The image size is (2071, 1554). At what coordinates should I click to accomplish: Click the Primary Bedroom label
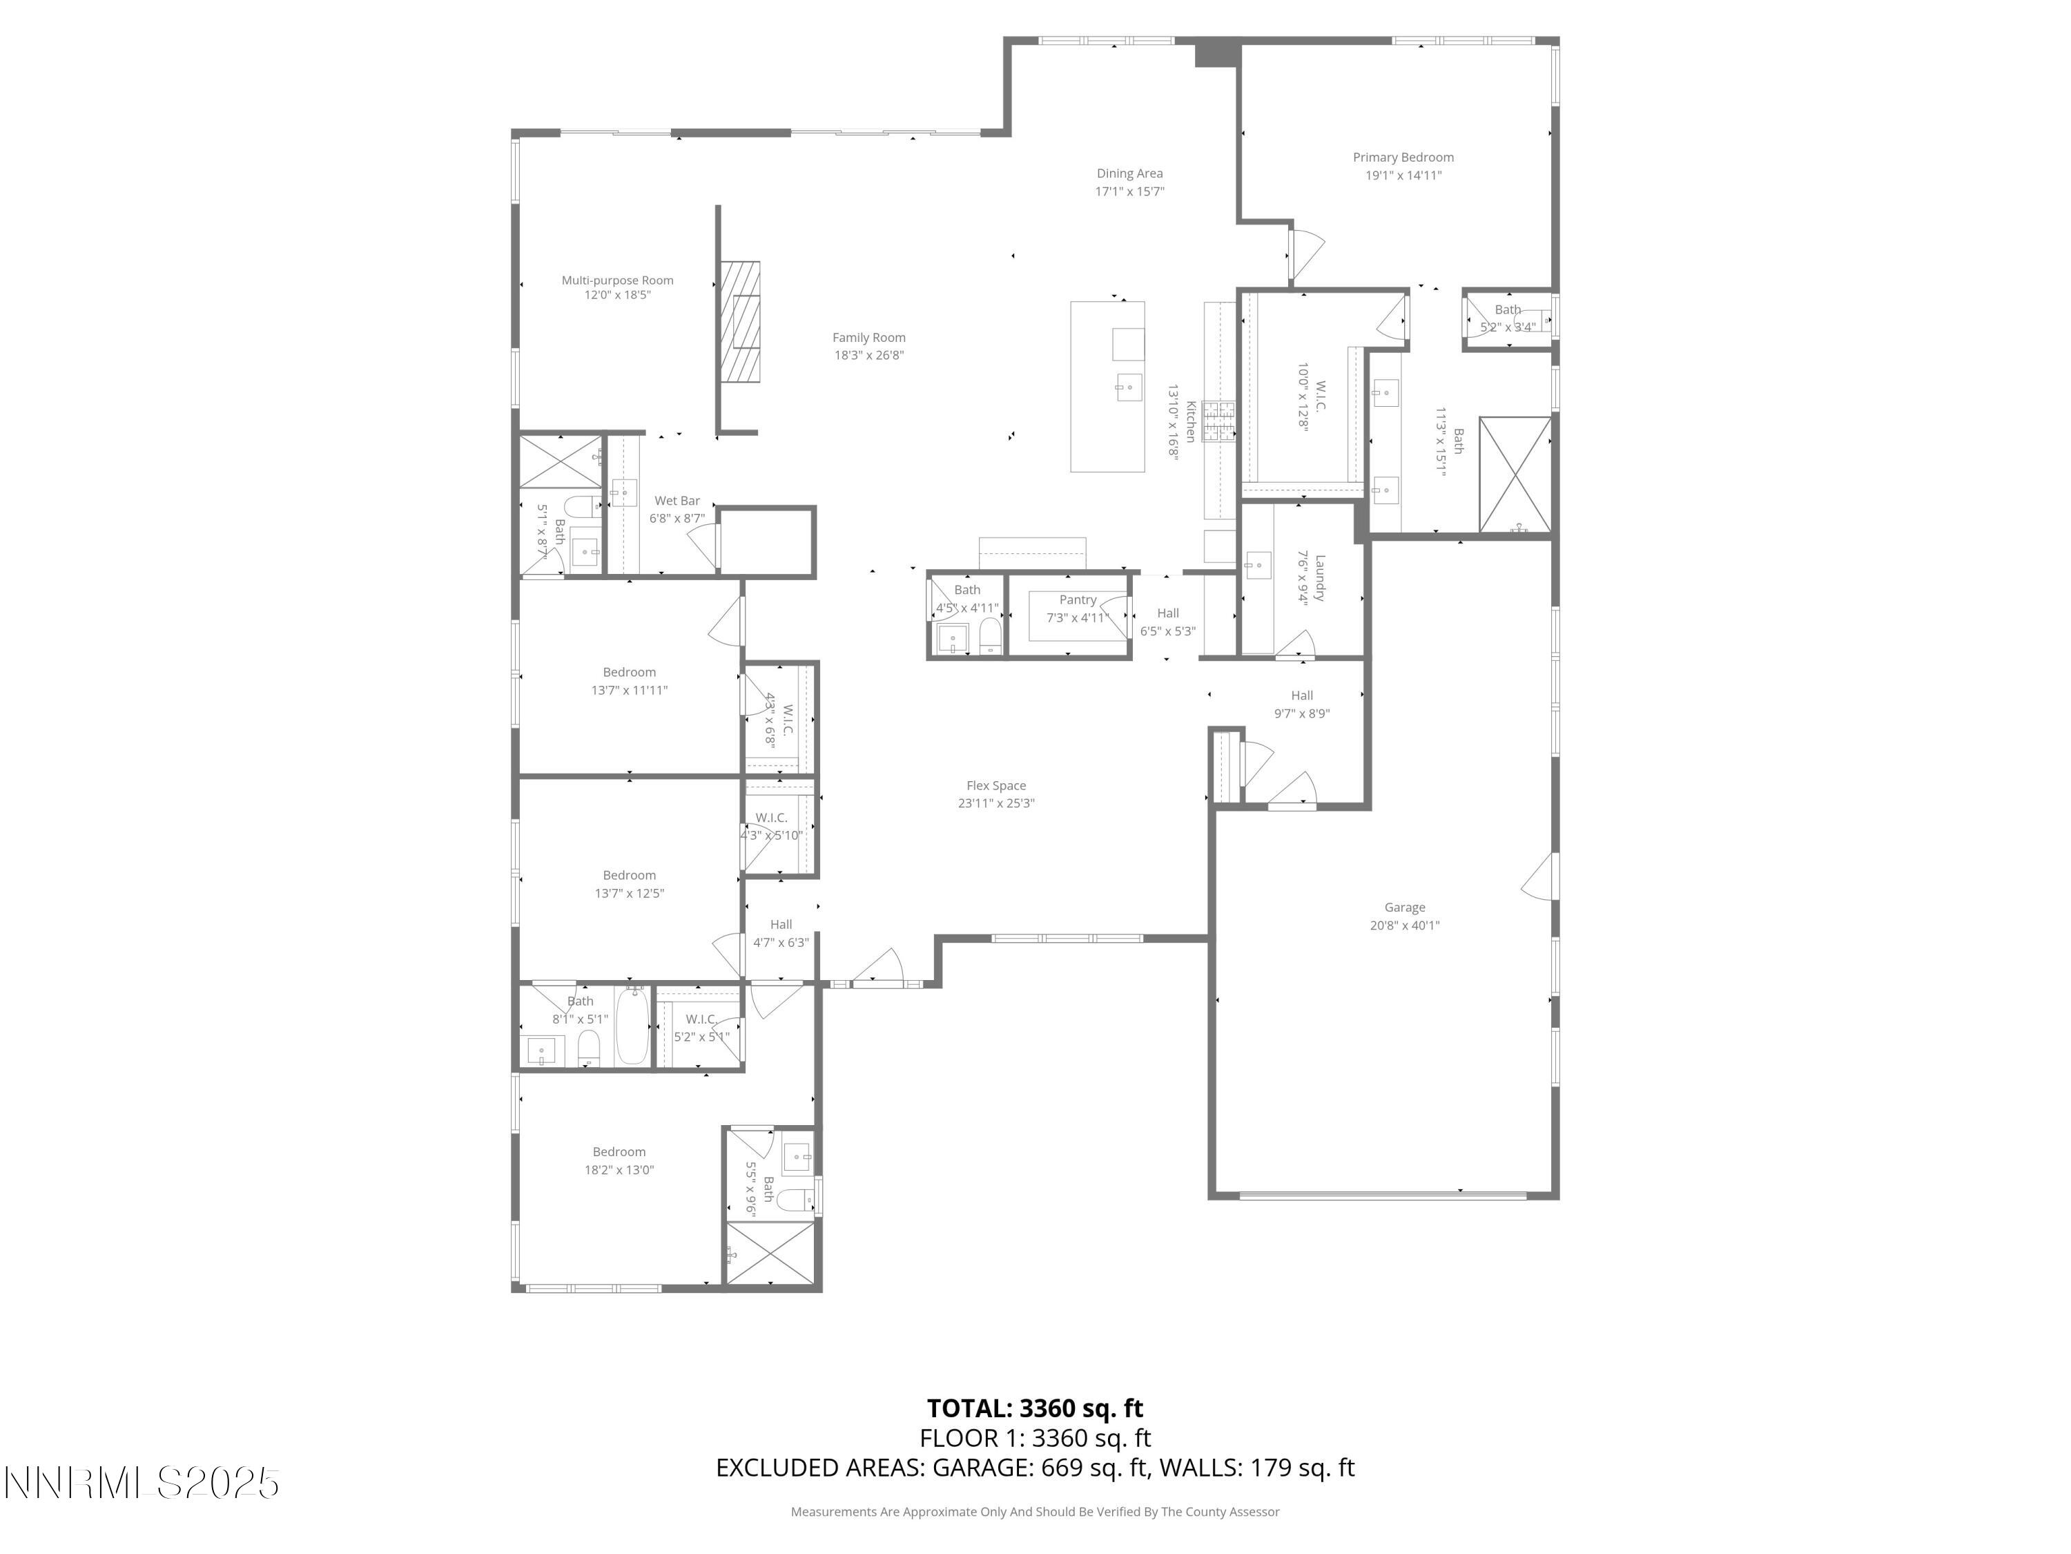pos(1403,157)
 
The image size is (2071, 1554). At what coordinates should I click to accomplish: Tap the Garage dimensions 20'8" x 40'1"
pos(1404,925)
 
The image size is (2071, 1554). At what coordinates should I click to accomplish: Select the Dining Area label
pos(1129,173)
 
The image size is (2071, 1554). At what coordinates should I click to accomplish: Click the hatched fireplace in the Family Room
pos(739,321)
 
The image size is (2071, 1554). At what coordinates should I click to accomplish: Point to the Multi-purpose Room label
pos(617,280)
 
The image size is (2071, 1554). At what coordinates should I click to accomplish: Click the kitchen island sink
pos(1128,387)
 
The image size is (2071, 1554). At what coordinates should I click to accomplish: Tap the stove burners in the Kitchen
pos(1219,421)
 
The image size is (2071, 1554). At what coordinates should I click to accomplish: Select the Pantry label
pos(1078,599)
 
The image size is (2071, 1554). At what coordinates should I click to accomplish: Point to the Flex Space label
pos(996,786)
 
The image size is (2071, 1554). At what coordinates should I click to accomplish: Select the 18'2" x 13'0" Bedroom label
pos(619,1152)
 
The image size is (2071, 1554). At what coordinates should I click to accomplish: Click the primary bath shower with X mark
pos(1514,475)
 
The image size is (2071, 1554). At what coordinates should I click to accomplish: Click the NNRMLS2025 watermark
pos(142,1483)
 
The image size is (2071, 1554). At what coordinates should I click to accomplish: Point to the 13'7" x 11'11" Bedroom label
pos(629,673)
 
